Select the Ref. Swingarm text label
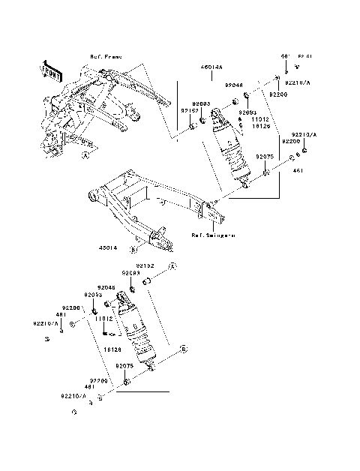point(213,234)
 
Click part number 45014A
point(211,67)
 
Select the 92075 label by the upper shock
point(263,157)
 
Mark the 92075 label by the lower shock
point(124,366)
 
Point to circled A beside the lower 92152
point(171,266)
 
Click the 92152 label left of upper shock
point(187,109)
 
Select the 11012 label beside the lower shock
point(103,318)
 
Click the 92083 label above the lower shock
point(131,273)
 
